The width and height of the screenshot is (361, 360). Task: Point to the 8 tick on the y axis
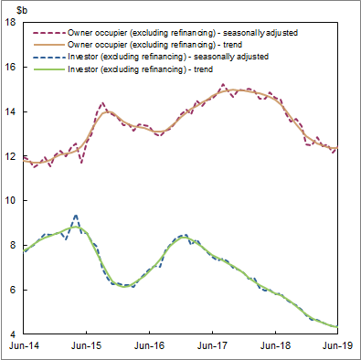tap(14, 246)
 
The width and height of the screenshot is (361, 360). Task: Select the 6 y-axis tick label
tap(14, 291)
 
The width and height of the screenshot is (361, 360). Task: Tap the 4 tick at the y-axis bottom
tap(14, 334)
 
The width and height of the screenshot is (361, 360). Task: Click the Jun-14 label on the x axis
tap(24, 347)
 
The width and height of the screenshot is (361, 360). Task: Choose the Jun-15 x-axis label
tap(87, 347)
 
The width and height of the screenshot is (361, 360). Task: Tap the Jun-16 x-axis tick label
tap(150, 347)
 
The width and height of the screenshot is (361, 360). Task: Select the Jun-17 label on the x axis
tap(213, 347)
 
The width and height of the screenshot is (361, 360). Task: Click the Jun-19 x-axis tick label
tap(336, 347)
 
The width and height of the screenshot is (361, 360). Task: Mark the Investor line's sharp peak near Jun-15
tap(76, 217)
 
